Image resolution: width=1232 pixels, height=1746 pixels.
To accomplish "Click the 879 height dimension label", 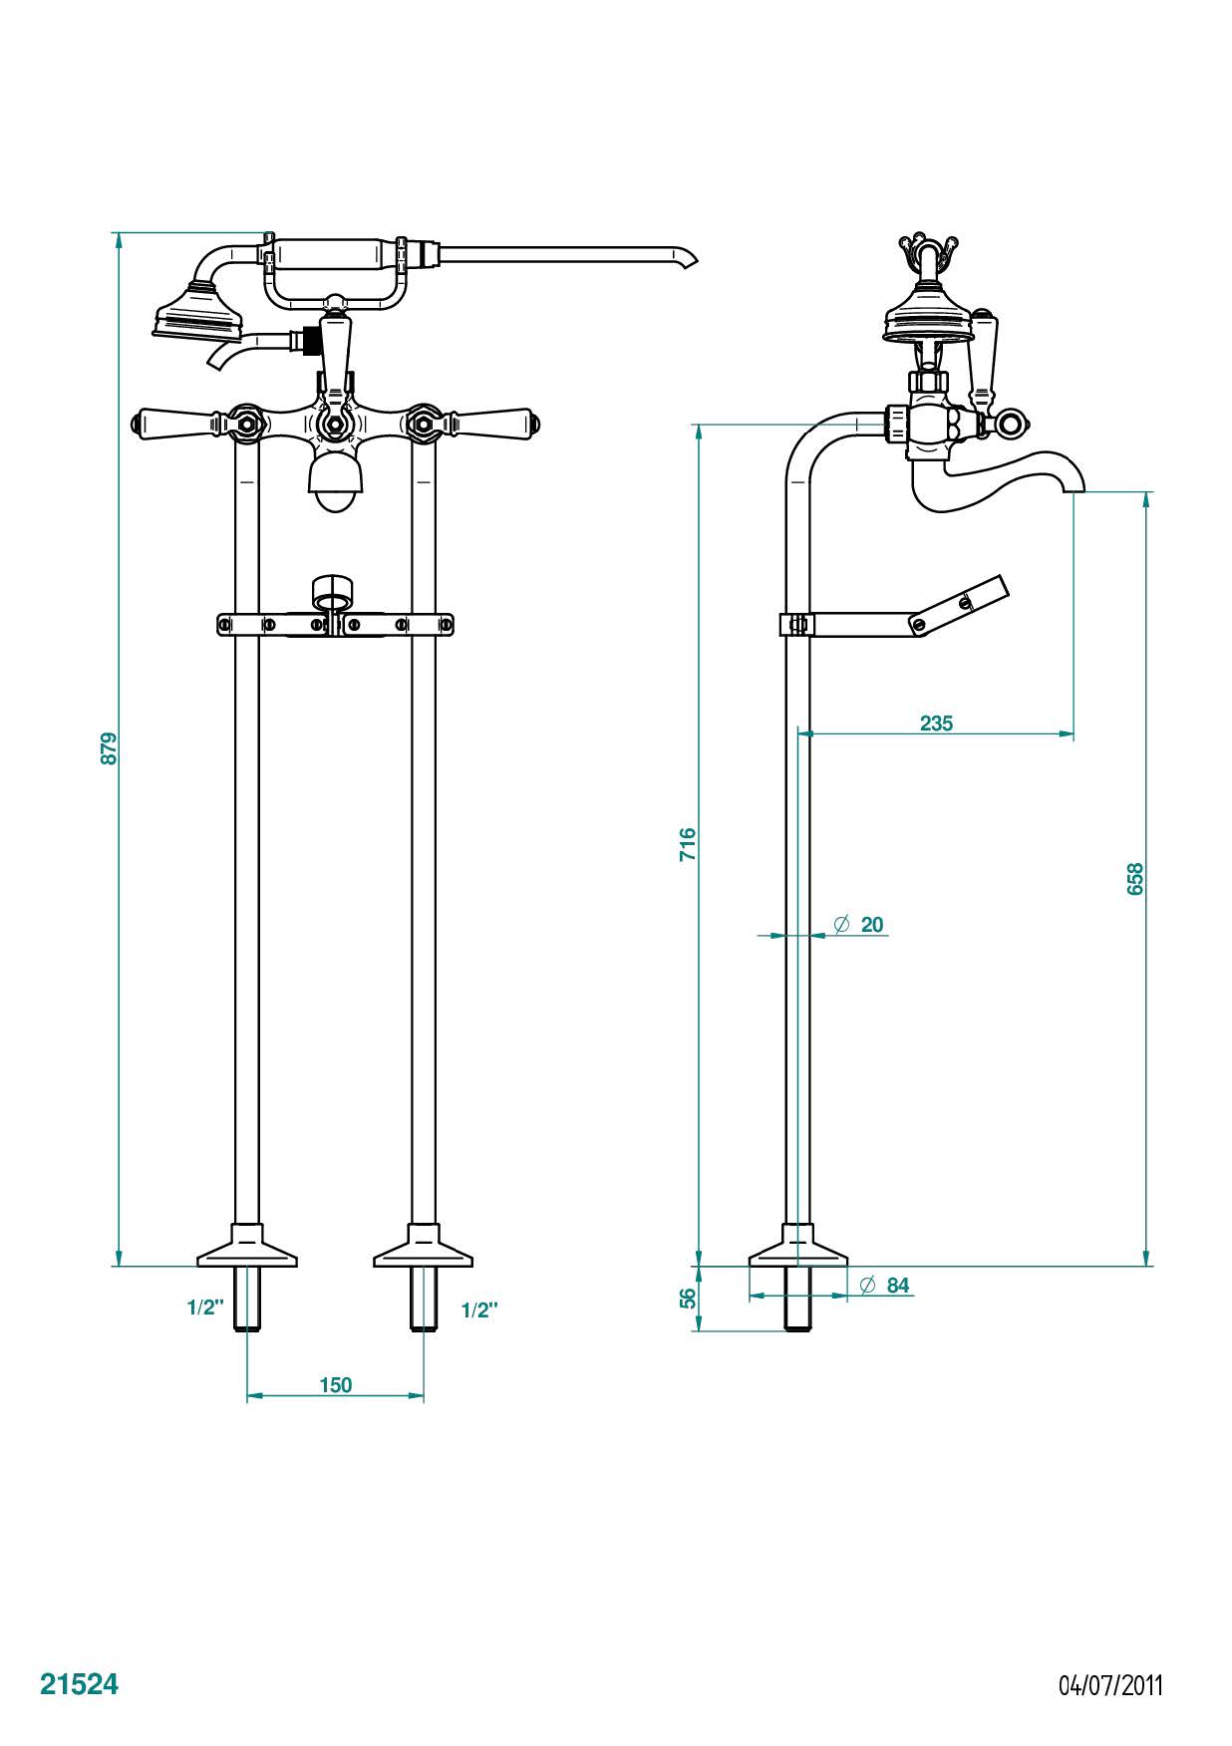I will (x=110, y=748).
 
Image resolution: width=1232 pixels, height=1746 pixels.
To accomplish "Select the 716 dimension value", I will (x=688, y=844).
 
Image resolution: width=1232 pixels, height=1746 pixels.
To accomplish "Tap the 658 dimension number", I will (x=1135, y=878).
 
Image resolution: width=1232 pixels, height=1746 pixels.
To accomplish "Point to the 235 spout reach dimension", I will (x=936, y=724).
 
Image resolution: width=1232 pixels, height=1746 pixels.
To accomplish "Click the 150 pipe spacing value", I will (x=336, y=1384).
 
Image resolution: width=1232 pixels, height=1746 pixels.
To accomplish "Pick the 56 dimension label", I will (x=688, y=1298).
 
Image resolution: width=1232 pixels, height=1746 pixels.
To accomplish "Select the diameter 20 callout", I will (x=859, y=925).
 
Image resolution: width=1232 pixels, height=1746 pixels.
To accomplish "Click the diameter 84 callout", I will (x=885, y=1286).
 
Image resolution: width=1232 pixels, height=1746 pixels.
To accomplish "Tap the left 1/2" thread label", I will (x=205, y=1308).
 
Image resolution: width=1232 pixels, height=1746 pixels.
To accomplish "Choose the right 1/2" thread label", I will (x=479, y=1309).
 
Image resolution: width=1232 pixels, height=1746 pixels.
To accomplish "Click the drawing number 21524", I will (x=79, y=1684).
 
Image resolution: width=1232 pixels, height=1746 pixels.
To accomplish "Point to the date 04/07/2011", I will (x=1109, y=1685).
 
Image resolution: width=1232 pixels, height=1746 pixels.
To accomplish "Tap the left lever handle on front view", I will (x=179, y=423).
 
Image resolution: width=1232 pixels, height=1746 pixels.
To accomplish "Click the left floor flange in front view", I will (x=247, y=1250).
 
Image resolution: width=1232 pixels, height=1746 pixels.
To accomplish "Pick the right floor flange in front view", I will (x=424, y=1250).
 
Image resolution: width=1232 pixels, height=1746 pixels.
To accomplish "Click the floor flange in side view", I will (x=797, y=1250).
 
